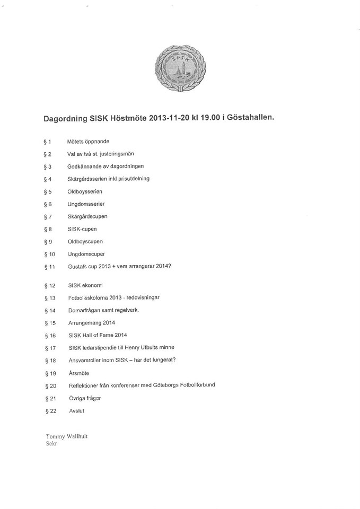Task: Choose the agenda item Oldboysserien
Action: (85, 191)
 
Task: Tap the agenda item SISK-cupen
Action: (82, 229)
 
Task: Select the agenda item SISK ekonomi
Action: (85, 285)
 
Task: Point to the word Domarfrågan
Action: (86, 310)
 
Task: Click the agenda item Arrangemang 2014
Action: (92, 322)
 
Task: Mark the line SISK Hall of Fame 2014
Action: (98, 335)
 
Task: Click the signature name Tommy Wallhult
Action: (67, 436)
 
